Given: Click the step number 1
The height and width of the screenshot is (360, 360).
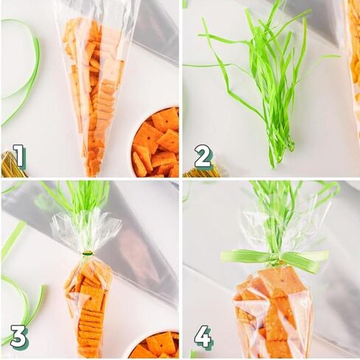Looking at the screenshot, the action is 18,156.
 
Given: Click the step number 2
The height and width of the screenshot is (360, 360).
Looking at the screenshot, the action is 203,156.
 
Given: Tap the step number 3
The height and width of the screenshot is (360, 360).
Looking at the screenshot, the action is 18,336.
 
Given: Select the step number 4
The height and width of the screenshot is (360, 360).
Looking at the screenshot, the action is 203,336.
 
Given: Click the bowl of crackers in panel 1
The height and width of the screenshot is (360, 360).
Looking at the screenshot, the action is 155,142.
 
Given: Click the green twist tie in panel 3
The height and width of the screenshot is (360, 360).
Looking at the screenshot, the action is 88,253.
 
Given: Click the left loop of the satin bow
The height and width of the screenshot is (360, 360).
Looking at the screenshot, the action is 246,255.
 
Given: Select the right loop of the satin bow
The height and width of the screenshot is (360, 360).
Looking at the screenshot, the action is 305,259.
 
